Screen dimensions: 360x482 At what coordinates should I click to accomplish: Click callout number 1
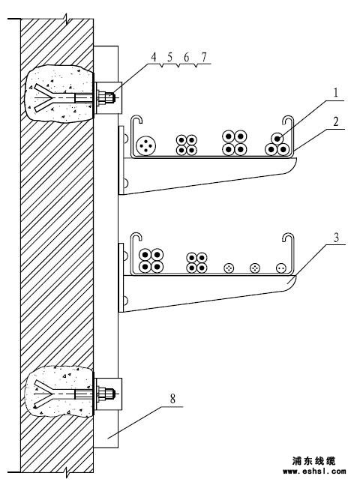point(336,92)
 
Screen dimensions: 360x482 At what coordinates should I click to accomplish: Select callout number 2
point(336,121)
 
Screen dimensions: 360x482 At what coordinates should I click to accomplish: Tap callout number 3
point(337,238)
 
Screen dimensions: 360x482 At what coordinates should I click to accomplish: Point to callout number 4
point(154,57)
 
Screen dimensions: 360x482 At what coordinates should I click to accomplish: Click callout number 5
point(170,57)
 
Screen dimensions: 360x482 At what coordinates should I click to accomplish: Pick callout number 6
point(187,57)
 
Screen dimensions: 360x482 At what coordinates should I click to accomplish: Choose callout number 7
point(203,57)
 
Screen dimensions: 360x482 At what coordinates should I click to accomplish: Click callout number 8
point(172,399)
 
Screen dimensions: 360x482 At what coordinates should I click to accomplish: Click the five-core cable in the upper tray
point(145,145)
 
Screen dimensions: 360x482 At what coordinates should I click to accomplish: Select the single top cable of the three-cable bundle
point(277,139)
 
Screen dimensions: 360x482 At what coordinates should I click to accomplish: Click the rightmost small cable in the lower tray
point(281,268)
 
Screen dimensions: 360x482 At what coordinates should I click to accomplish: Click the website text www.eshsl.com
point(314,471)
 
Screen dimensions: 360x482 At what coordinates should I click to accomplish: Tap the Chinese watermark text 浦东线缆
point(314,461)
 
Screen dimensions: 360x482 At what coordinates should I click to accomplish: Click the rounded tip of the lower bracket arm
point(292,283)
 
